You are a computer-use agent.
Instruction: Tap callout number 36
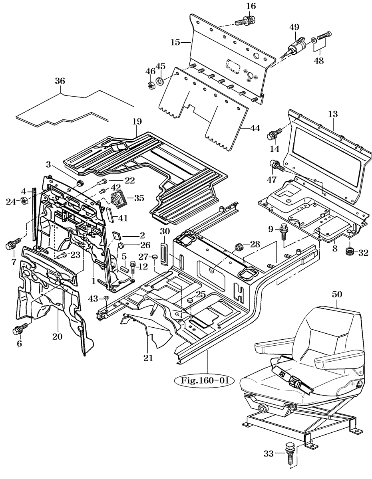pos(60,81)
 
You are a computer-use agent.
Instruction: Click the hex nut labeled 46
pos(151,85)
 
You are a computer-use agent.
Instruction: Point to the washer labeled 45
pos(160,81)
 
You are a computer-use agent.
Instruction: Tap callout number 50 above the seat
pos(336,294)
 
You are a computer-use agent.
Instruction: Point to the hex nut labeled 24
pos(24,200)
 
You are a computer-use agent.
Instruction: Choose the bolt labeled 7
pos(14,242)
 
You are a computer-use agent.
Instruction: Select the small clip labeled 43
pos(107,299)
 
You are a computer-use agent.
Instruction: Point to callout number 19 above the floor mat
pos(137,121)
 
